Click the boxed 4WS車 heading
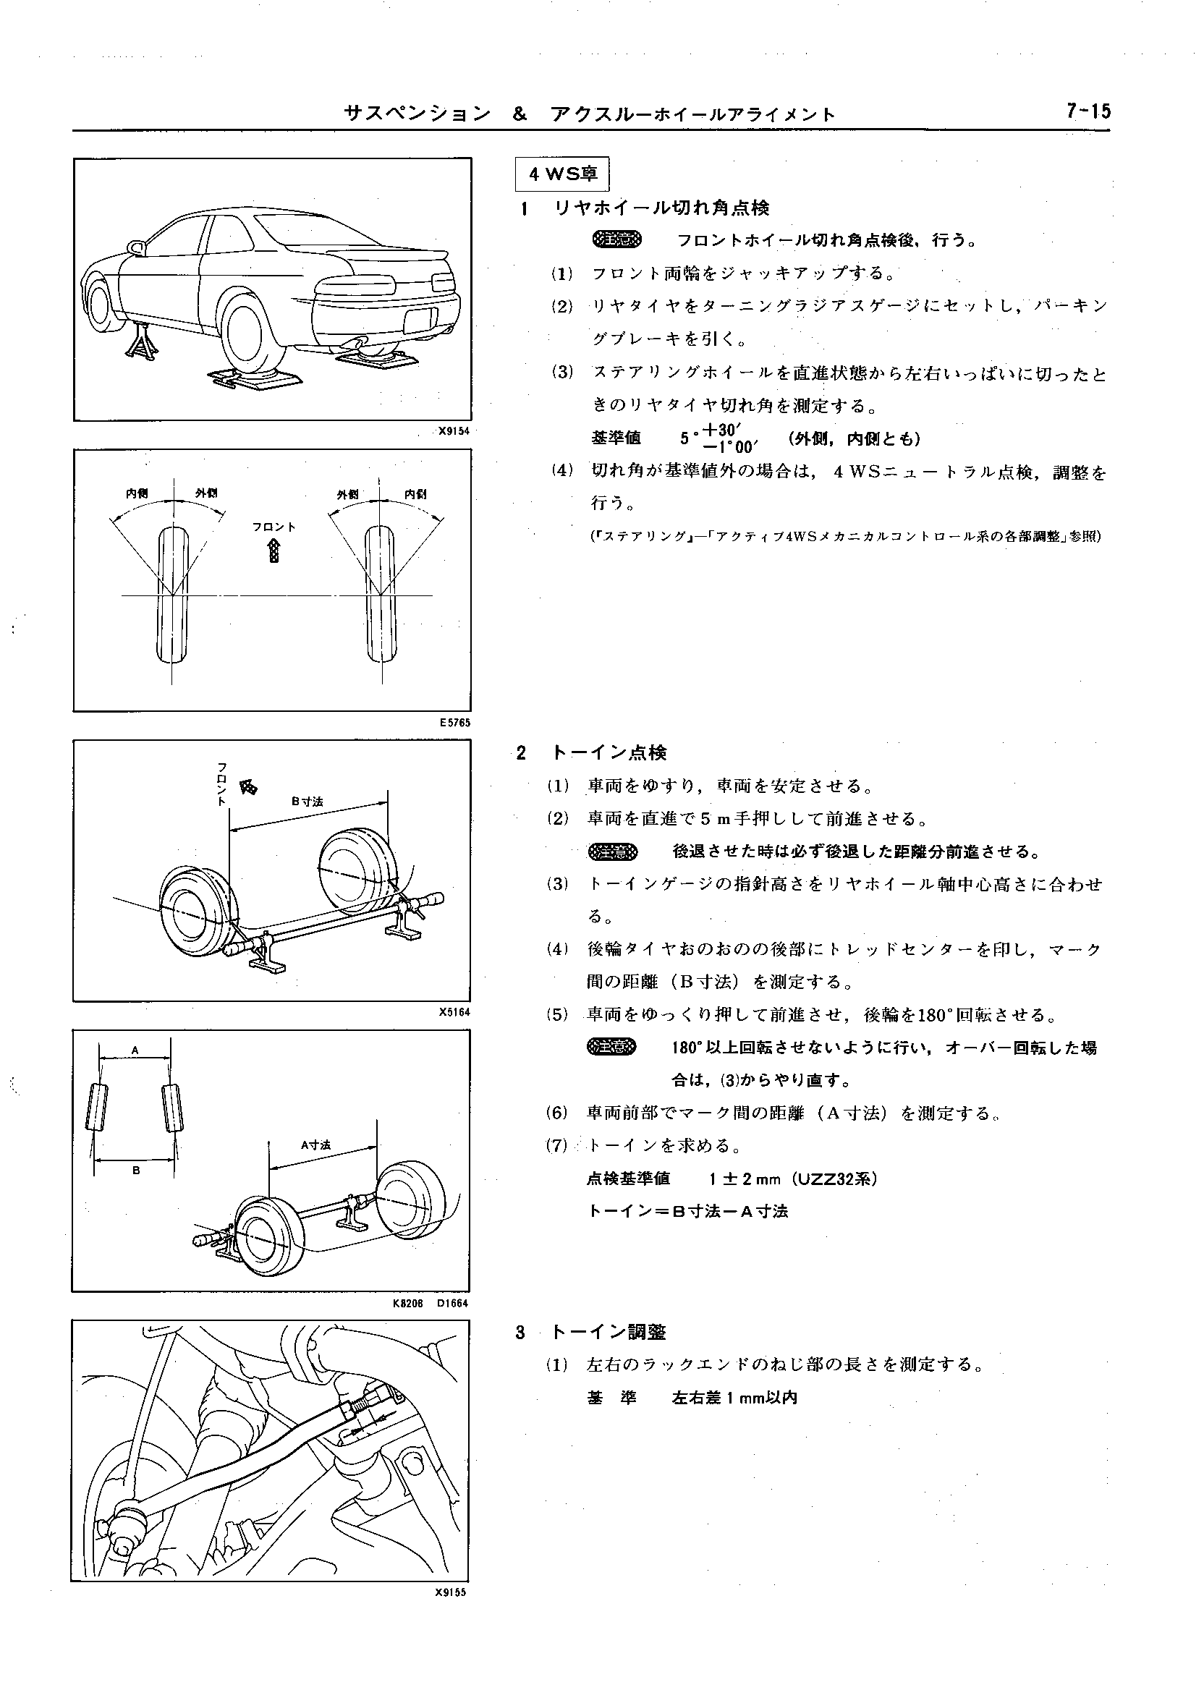pyautogui.click(x=562, y=175)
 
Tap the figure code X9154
pyautogui.click(x=454, y=430)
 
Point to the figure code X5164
pyautogui.click(x=454, y=1012)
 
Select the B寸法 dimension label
pyautogui.click(x=307, y=802)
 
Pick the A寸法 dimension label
pyautogui.click(x=315, y=1145)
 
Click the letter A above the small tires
pyautogui.click(x=135, y=1050)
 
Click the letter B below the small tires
pyautogui.click(x=137, y=1171)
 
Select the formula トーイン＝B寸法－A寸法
pyautogui.click(x=687, y=1211)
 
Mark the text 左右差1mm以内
pyautogui.click(x=734, y=1398)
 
